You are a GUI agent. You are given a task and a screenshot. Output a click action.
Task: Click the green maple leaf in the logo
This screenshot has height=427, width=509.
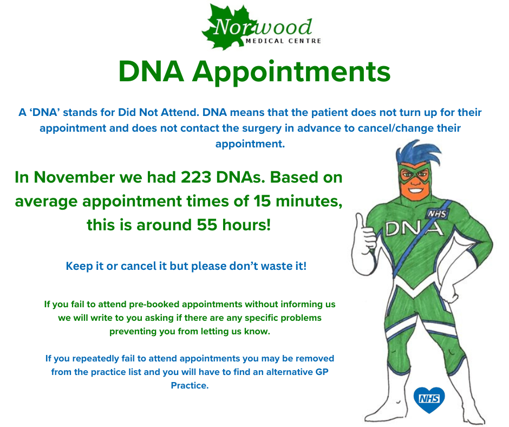pos(227,28)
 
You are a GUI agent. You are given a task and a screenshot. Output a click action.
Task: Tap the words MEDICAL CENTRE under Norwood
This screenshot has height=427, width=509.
pos(283,41)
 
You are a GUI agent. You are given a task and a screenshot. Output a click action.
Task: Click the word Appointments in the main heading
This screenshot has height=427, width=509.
pos(291,73)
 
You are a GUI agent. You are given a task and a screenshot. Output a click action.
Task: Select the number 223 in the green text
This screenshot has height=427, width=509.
pos(195,177)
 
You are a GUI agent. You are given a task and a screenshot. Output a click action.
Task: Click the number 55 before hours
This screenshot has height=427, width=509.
pos(207,225)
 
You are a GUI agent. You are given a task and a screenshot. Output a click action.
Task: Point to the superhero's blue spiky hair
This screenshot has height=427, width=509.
pos(417,153)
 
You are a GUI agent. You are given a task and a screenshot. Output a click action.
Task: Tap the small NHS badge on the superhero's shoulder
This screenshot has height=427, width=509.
pos(438,214)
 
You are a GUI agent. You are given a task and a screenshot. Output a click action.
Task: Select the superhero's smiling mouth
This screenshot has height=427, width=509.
pos(415,189)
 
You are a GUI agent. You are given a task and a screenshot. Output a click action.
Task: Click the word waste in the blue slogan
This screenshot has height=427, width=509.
pos(276,266)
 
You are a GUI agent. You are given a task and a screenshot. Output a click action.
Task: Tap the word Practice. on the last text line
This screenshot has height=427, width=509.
pos(190,385)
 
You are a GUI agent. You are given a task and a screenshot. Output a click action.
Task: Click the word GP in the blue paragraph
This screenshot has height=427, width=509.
pos(322,372)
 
